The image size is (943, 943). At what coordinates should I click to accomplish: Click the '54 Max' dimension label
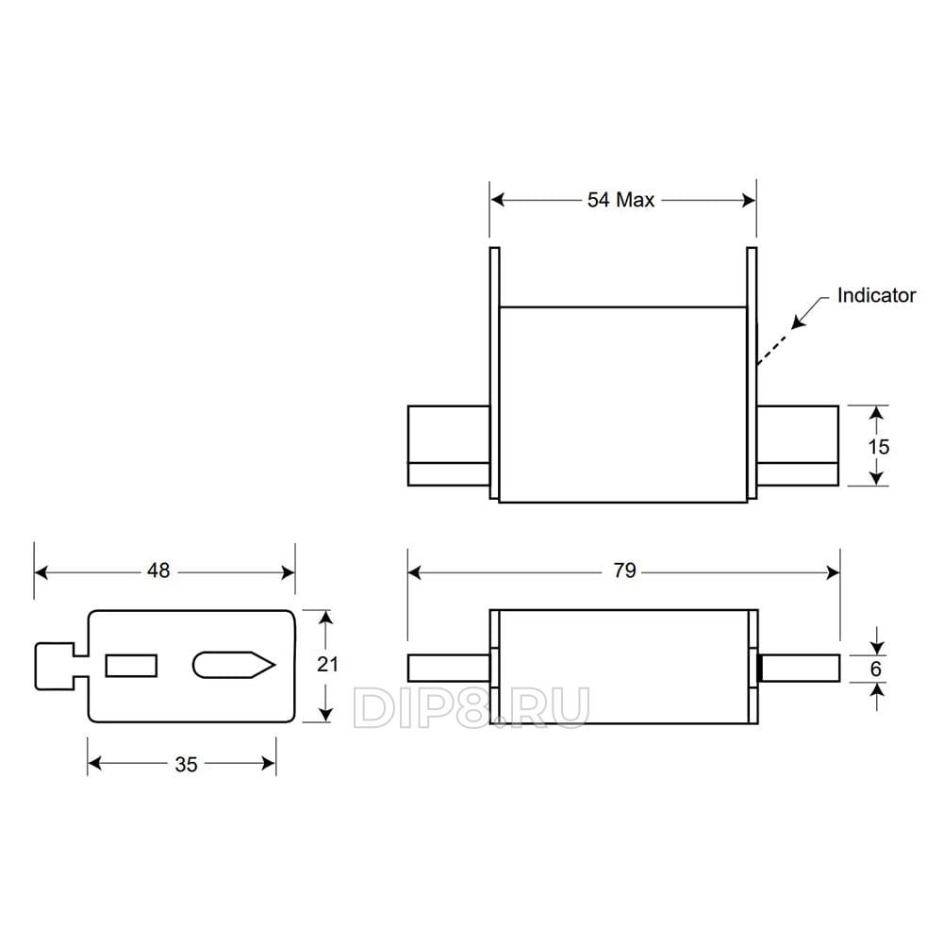(x=620, y=200)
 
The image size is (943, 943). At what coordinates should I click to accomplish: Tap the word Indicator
(x=876, y=295)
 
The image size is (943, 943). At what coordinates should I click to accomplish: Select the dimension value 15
(x=878, y=447)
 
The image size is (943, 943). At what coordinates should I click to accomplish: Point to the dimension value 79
(x=625, y=571)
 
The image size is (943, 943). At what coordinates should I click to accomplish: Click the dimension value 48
(x=158, y=571)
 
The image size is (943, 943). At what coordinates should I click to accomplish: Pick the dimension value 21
(x=327, y=665)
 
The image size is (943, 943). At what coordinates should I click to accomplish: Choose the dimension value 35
(x=186, y=765)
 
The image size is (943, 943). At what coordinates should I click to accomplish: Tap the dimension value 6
(x=876, y=669)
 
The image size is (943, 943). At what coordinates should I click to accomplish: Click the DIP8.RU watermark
(x=471, y=708)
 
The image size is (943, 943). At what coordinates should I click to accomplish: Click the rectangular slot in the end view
(x=131, y=666)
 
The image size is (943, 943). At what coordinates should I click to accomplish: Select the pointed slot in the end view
(x=234, y=665)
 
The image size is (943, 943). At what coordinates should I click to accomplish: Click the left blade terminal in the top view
(x=449, y=446)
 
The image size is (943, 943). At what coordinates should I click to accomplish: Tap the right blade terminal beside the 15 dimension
(x=798, y=446)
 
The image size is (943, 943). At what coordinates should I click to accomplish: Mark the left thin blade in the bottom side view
(x=449, y=668)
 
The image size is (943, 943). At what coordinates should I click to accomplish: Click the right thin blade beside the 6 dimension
(x=800, y=668)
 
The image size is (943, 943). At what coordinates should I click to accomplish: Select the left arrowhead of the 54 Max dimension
(x=497, y=200)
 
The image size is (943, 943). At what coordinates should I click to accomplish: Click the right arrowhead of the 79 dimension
(x=833, y=572)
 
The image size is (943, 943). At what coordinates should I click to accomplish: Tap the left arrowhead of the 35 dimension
(x=95, y=764)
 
